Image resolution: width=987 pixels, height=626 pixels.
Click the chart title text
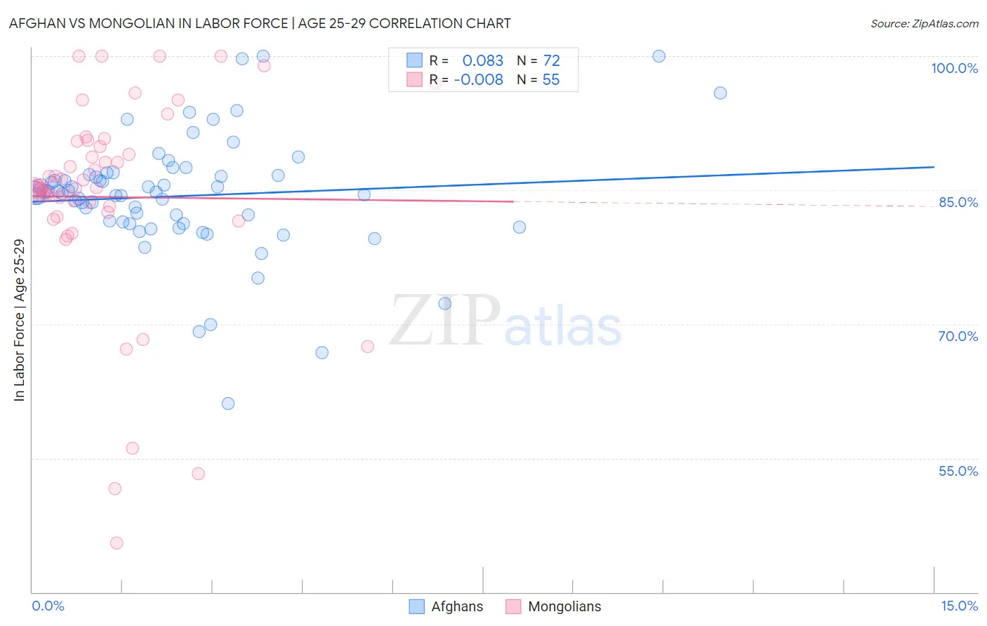coord(260,23)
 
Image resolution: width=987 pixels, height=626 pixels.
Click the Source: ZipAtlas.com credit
coord(924,23)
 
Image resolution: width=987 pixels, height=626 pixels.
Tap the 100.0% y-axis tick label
coord(954,68)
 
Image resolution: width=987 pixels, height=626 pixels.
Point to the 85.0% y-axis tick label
coord(958,202)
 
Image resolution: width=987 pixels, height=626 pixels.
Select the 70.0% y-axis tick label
coord(958,336)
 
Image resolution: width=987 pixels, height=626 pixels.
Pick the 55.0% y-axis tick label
coord(958,471)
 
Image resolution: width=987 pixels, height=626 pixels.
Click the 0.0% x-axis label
coord(48,606)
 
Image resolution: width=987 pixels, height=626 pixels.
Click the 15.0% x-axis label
coord(959,606)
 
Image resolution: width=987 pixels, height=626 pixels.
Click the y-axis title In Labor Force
coord(19,320)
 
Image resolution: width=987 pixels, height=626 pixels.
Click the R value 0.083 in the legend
coord(482,60)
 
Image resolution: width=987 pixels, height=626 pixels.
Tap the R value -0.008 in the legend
coord(478,79)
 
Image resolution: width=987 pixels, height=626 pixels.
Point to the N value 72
coord(551,60)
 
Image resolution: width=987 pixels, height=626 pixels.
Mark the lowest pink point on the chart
coord(117,542)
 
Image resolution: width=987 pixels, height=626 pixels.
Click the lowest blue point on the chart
coord(228,404)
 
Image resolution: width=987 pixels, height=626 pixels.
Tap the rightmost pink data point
coord(367,346)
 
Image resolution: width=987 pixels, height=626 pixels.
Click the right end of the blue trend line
coord(934,167)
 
